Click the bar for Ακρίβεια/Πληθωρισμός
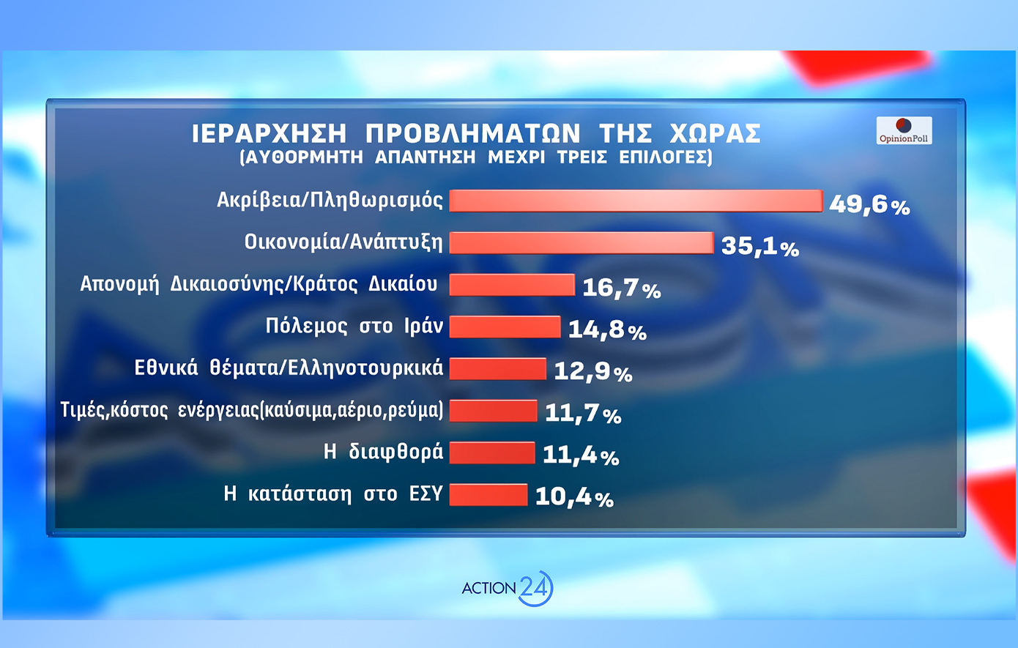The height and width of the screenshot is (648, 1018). pyautogui.click(x=636, y=201)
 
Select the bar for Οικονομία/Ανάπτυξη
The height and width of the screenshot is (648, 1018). pyautogui.click(x=581, y=243)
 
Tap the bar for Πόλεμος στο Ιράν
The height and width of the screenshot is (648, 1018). pyautogui.click(x=505, y=327)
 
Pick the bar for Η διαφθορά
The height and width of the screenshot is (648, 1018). pyautogui.click(x=492, y=453)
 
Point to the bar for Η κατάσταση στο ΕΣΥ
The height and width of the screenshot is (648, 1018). pyautogui.click(x=488, y=495)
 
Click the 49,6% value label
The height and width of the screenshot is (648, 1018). pyautogui.click(x=869, y=204)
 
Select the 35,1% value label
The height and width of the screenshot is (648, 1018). pyautogui.click(x=759, y=246)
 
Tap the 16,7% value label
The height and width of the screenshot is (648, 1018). pyautogui.click(x=621, y=288)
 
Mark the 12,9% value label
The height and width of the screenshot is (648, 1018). pyautogui.click(x=592, y=371)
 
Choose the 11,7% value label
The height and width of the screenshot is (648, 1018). pyautogui.click(x=583, y=413)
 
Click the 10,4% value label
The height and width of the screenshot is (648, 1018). pyautogui.click(x=574, y=496)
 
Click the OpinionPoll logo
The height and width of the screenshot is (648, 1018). pyautogui.click(x=904, y=130)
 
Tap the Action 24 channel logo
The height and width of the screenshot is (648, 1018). pyautogui.click(x=508, y=588)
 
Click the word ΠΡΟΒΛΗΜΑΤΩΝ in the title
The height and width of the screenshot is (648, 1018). pyautogui.click(x=472, y=134)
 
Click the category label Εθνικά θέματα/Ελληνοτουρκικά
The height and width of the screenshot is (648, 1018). pyautogui.click(x=289, y=368)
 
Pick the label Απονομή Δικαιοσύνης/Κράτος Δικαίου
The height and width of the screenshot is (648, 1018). pyautogui.click(x=259, y=284)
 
